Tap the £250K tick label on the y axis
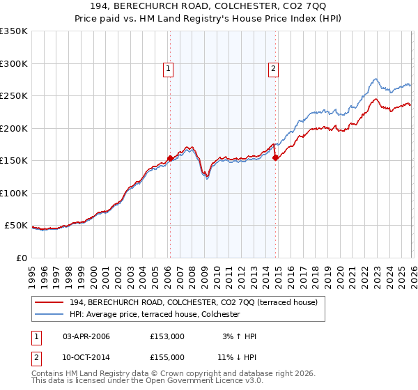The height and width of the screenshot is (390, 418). pyautogui.click(x=14, y=96)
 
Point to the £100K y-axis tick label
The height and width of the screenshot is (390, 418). pyautogui.click(x=14, y=194)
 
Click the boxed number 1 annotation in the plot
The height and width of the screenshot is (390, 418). pyautogui.click(x=169, y=68)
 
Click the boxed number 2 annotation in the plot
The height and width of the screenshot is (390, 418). pyautogui.click(x=273, y=68)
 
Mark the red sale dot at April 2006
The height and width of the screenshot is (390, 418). pyautogui.click(x=170, y=159)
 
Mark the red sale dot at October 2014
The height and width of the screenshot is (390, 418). pyautogui.click(x=275, y=157)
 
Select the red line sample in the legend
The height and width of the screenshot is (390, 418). pyautogui.click(x=50, y=302)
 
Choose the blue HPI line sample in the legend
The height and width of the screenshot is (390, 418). pyautogui.click(x=50, y=315)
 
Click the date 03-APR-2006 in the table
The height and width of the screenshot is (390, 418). pyautogui.click(x=86, y=336)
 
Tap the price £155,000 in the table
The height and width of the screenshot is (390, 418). pyautogui.click(x=168, y=357)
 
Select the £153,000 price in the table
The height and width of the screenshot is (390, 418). pyautogui.click(x=168, y=336)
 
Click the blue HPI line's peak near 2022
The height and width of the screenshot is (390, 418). pyautogui.click(x=376, y=79)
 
